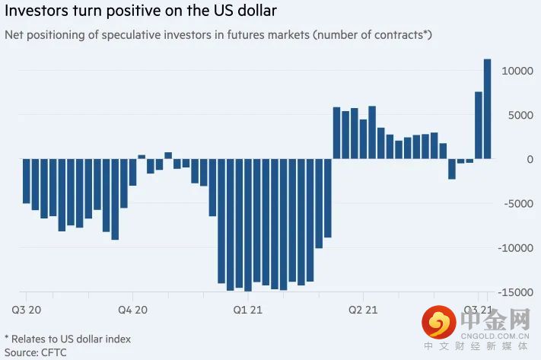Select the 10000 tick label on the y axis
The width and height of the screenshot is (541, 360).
coord(517,71)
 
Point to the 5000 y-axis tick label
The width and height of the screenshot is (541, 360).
coord(520,115)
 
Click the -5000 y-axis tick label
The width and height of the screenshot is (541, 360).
coord(519,203)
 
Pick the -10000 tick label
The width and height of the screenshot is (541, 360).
coord(516,248)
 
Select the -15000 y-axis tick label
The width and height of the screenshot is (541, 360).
coord(516,292)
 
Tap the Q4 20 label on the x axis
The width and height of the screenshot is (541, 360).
coord(132,310)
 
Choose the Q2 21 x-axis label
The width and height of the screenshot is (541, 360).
coord(362,310)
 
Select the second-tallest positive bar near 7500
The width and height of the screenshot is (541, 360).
coord(479,126)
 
